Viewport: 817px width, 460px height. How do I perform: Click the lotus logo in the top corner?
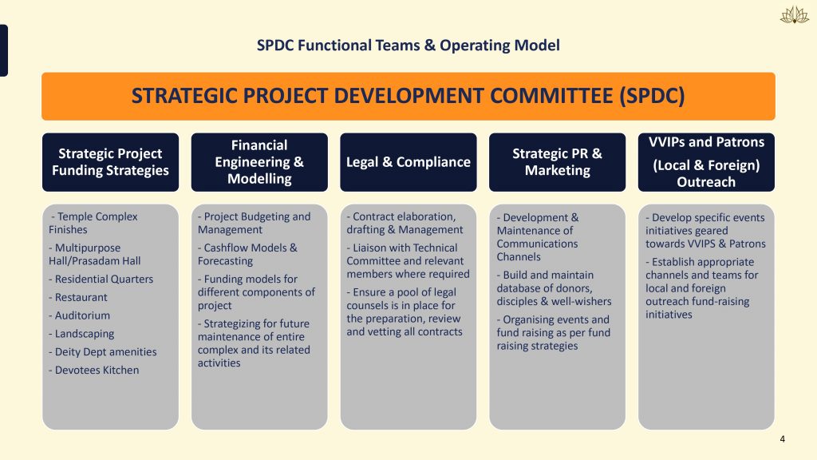pyautogui.click(x=794, y=15)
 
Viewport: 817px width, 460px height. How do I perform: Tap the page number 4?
pyautogui.click(x=782, y=439)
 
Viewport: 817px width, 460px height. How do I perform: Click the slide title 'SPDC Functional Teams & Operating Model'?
pyautogui.click(x=408, y=46)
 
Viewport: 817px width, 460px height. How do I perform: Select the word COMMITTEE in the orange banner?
pyautogui.click(x=551, y=96)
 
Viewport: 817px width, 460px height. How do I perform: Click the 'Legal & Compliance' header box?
pyautogui.click(x=408, y=162)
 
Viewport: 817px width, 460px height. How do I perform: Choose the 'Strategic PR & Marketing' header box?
pyautogui.click(x=557, y=162)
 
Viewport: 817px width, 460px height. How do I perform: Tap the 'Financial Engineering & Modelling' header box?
pyautogui.click(x=259, y=162)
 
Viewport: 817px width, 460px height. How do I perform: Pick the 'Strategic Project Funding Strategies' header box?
pyautogui.click(x=110, y=162)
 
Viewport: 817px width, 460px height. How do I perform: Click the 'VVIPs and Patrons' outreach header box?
pyautogui.click(x=706, y=162)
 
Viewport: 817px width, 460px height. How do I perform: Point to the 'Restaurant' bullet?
pyautogui.click(x=78, y=297)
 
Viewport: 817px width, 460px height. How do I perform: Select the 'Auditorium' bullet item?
pyautogui.click(x=79, y=315)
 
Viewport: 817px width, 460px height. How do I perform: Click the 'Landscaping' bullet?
pyautogui.click(x=81, y=334)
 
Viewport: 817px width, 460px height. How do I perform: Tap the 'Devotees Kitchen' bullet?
pyautogui.click(x=94, y=371)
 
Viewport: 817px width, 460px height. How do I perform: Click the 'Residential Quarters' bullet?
pyautogui.click(x=101, y=279)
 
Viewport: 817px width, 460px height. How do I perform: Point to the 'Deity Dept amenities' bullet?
pyautogui.click(x=103, y=352)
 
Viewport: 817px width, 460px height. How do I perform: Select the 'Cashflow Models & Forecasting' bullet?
pyautogui.click(x=247, y=254)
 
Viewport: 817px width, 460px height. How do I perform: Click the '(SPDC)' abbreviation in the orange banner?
pyautogui.click(x=652, y=96)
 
